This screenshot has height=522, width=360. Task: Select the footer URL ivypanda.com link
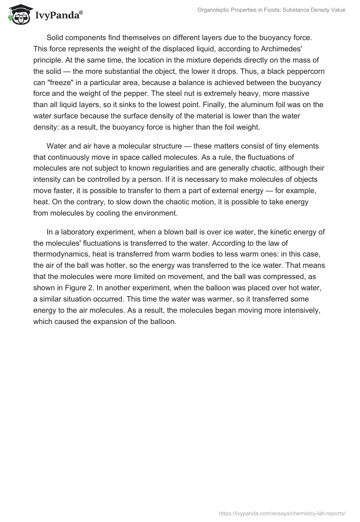282,513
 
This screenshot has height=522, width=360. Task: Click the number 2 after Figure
81,290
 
